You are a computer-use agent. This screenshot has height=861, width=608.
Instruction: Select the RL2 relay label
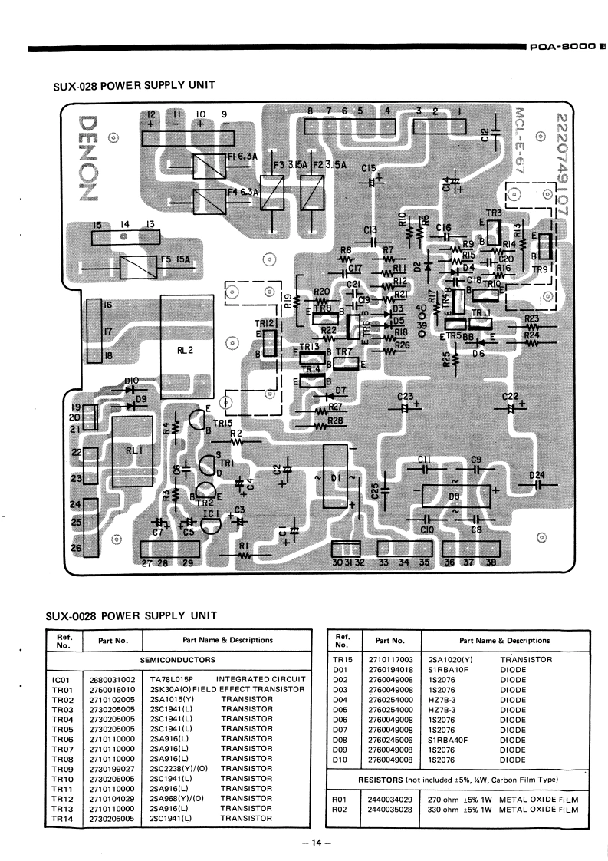[x=185, y=351]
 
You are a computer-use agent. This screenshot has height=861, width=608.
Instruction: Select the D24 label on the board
[x=536, y=474]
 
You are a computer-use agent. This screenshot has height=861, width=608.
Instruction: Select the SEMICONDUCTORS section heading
[x=177, y=660]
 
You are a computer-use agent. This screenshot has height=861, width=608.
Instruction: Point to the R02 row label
[x=341, y=809]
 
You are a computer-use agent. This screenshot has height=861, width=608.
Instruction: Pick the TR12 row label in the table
[x=62, y=799]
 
